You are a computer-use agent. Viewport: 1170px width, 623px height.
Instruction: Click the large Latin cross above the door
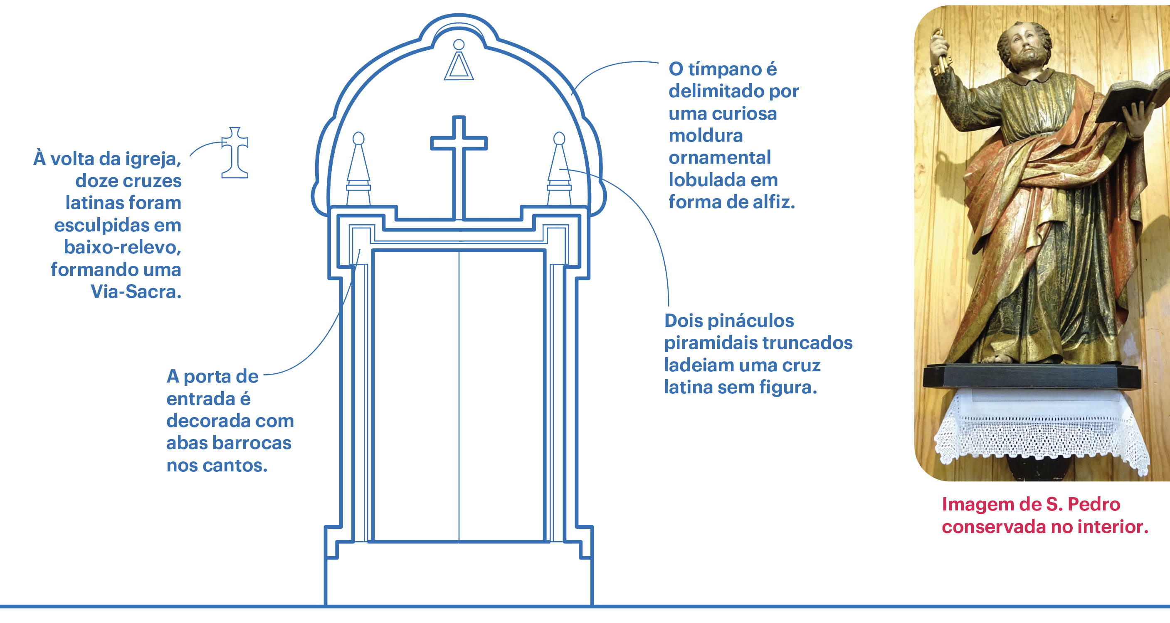click(459, 150)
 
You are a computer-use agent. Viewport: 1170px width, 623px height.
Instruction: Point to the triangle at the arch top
click(459, 67)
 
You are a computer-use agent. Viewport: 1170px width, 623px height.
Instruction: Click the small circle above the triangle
click(459, 44)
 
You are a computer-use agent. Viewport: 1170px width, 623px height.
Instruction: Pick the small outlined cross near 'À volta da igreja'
click(235, 153)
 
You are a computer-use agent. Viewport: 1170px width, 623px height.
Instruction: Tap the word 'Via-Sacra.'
click(136, 291)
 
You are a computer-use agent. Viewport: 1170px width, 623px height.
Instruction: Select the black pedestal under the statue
click(1031, 376)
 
